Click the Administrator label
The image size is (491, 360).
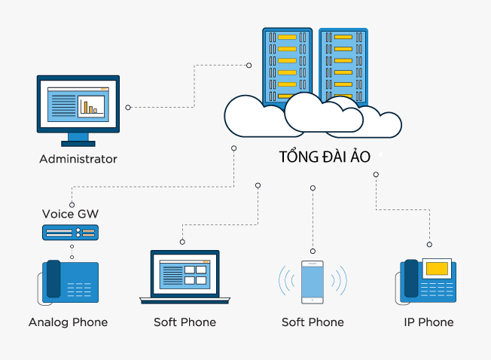78,159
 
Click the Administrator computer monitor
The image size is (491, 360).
78,105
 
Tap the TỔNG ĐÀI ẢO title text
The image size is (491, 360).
325,157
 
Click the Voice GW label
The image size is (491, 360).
70,214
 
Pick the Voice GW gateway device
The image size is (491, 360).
70,233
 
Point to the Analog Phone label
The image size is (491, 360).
69,322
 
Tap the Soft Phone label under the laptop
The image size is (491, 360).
185,322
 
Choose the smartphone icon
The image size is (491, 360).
313,282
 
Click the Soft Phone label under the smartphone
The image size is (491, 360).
313,322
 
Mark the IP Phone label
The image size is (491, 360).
428,322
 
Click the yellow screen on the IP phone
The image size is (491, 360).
438,268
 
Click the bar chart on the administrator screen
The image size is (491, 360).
90,107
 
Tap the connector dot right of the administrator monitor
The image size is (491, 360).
128,108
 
